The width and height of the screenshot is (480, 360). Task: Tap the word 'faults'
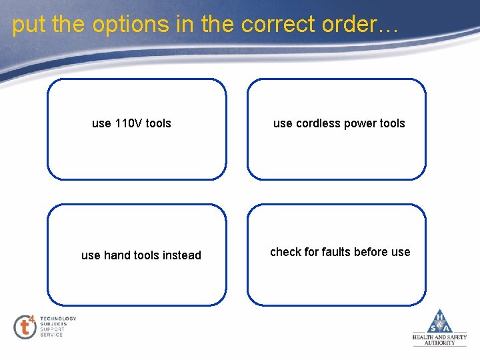click(x=339, y=252)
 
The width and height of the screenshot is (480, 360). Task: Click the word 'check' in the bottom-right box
click(x=286, y=252)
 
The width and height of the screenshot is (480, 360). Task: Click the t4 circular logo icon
click(x=25, y=327)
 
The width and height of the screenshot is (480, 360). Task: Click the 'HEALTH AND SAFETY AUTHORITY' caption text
click(x=439, y=340)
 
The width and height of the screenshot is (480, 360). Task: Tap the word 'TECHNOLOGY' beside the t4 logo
click(x=58, y=319)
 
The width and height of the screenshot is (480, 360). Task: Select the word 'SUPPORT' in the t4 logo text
click(x=52, y=329)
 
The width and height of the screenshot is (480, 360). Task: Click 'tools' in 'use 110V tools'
click(x=159, y=123)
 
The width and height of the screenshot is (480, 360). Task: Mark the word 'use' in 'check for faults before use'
click(x=401, y=252)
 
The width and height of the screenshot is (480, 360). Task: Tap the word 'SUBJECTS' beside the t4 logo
click(x=53, y=324)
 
